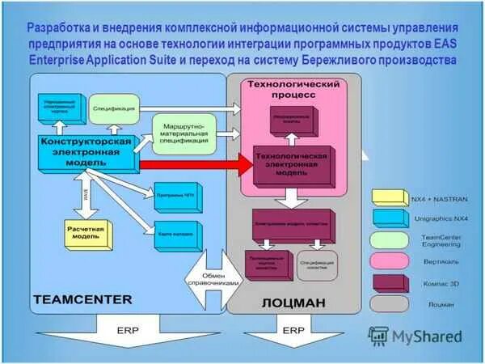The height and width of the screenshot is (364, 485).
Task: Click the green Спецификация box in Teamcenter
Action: pos(114,107)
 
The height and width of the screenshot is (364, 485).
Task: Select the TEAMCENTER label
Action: pos(82,299)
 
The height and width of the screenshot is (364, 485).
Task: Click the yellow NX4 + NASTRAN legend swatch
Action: pos(388,196)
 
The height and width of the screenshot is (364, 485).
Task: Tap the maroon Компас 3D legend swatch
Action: pos(388,283)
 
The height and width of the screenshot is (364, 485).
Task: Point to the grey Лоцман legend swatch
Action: pos(388,304)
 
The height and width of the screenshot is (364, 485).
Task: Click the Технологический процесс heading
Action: pos(292,89)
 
